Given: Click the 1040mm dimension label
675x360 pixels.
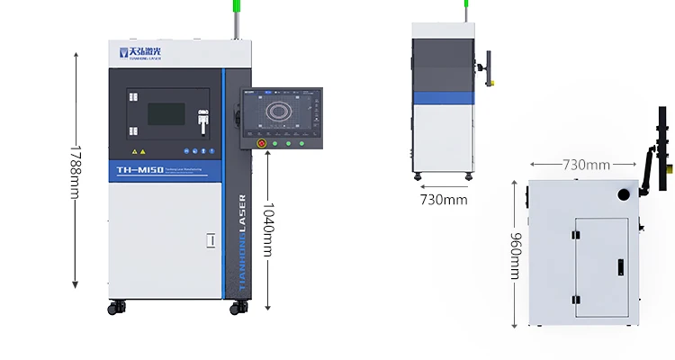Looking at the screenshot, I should point(267,229).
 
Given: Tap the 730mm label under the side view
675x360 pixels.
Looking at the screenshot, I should point(444,200).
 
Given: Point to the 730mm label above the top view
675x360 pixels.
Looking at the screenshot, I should point(585,165).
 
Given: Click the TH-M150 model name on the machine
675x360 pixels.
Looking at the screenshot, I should point(139,169).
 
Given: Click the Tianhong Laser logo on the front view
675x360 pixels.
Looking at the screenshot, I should point(144,52).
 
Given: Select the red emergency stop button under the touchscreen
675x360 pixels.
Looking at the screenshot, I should point(263,142).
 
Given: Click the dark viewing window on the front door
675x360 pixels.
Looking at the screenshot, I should point(166,113).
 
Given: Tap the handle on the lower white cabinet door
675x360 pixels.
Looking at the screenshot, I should point(211,240).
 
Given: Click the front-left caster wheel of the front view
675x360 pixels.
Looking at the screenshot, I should point(116,308).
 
